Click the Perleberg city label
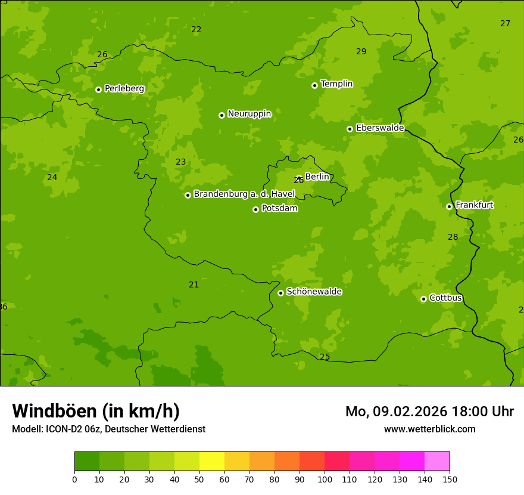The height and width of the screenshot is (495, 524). click(x=124, y=89)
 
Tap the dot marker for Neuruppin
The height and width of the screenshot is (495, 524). click(x=222, y=115)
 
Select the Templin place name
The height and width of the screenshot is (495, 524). click(x=336, y=84)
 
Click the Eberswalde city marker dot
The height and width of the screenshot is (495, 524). click(x=350, y=129)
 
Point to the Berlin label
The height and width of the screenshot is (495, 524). click(x=317, y=177)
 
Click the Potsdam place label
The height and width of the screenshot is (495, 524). click(x=279, y=209)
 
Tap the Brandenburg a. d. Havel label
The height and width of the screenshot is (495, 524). click(x=244, y=194)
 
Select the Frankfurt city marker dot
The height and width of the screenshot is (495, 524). click(x=449, y=206)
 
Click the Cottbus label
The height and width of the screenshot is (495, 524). click(x=445, y=298)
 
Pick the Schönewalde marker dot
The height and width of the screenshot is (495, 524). click(x=280, y=293)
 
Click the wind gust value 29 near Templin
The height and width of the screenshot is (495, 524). click(x=361, y=52)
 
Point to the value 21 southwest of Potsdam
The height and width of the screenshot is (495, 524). click(x=194, y=285)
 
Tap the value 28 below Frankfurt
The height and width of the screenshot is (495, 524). click(x=453, y=237)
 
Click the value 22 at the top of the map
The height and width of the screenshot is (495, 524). click(x=196, y=30)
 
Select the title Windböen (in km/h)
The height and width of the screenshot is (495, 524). click(x=96, y=411)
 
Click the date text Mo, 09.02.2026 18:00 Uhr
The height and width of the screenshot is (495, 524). click(x=429, y=412)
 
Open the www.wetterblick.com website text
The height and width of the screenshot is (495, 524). click(x=429, y=429)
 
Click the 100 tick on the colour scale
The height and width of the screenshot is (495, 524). click(x=325, y=479)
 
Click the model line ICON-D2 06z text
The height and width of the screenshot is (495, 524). click(x=108, y=429)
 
